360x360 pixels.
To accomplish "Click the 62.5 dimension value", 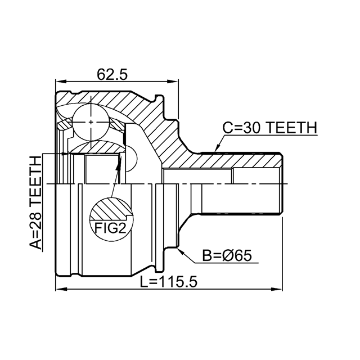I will (112, 74).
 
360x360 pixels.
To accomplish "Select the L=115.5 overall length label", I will (168, 282).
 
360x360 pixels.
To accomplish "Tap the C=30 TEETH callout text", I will (269, 128).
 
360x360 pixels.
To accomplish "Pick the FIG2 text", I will (111, 227).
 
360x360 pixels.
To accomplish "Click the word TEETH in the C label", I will (291, 128).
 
